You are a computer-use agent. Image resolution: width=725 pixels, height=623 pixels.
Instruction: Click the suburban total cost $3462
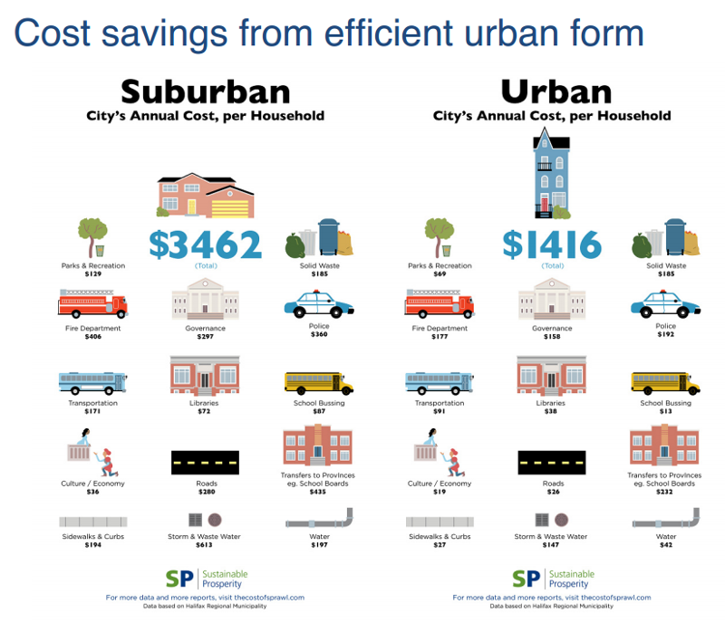coord(206,244)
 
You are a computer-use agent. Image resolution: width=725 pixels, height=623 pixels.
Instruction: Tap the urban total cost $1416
coord(552,244)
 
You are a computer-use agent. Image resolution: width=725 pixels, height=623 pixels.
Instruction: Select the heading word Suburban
coord(206,92)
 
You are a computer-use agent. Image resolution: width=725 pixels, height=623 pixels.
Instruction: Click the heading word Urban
coord(556,92)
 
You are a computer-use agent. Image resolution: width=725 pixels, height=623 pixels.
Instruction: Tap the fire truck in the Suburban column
coord(93,303)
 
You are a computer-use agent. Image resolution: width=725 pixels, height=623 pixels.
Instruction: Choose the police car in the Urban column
coord(665,304)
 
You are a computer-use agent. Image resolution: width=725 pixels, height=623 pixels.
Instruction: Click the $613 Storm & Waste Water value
coord(204,545)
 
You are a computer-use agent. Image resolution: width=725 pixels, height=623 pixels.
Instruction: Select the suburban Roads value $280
coord(207,492)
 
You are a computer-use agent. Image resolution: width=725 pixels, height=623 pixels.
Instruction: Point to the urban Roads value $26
coord(553,492)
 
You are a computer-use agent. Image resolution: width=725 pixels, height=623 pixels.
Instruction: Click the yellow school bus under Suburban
coord(319,383)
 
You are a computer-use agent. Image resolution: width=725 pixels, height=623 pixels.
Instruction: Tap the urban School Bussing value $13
coord(665,411)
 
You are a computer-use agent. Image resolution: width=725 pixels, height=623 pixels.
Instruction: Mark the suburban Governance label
coord(206,328)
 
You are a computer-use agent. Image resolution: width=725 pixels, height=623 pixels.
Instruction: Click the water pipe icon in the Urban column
coord(666,519)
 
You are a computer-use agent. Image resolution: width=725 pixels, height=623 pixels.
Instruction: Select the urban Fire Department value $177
coord(440,337)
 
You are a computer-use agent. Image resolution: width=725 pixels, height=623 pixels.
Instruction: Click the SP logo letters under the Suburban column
coord(179,579)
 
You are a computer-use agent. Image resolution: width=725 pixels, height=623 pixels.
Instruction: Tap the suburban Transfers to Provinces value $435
coord(318,492)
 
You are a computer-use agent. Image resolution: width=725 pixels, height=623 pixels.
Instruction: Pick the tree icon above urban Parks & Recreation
coord(440,237)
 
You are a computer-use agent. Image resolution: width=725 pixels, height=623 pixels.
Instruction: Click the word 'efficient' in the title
coord(389,34)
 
